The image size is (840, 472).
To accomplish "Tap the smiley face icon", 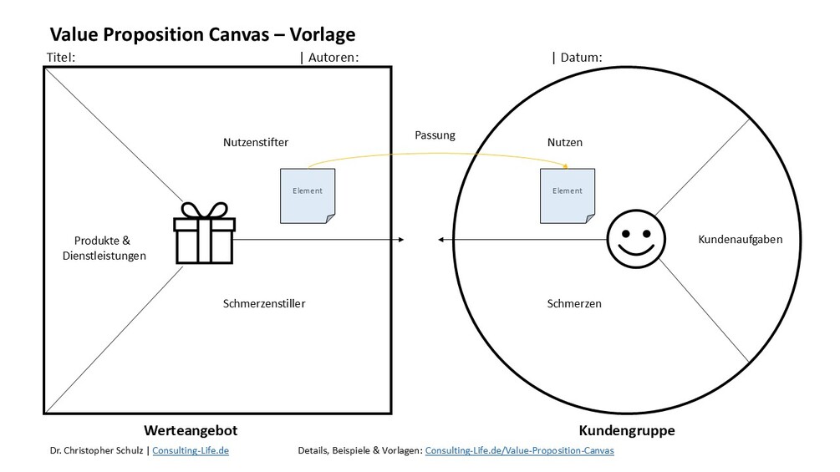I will click(x=633, y=240).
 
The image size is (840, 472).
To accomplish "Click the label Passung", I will click(x=435, y=135).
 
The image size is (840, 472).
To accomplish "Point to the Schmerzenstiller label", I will click(x=264, y=303).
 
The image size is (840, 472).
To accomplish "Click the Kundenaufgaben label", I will click(x=741, y=240).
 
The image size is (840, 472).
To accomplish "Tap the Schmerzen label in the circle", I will click(x=573, y=303).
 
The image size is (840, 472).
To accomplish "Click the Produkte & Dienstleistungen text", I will click(x=104, y=248).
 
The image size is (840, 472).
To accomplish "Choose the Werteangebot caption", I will click(x=191, y=431).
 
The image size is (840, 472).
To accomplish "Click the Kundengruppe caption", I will click(x=627, y=431).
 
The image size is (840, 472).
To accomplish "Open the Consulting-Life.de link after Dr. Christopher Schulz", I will click(x=191, y=450).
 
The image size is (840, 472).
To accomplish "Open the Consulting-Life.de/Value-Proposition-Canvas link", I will click(x=519, y=450).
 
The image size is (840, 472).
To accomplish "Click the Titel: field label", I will click(x=61, y=58).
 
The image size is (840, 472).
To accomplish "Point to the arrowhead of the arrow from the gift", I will click(x=402, y=241).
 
